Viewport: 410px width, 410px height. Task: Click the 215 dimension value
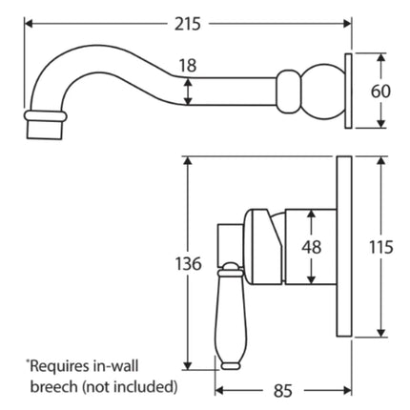point(201,21)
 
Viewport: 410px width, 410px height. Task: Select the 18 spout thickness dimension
point(187,66)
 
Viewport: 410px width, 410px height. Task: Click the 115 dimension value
point(382,246)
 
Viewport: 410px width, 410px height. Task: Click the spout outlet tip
point(46,127)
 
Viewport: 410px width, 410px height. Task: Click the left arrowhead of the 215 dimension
point(28,21)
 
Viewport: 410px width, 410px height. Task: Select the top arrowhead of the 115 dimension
point(382,161)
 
